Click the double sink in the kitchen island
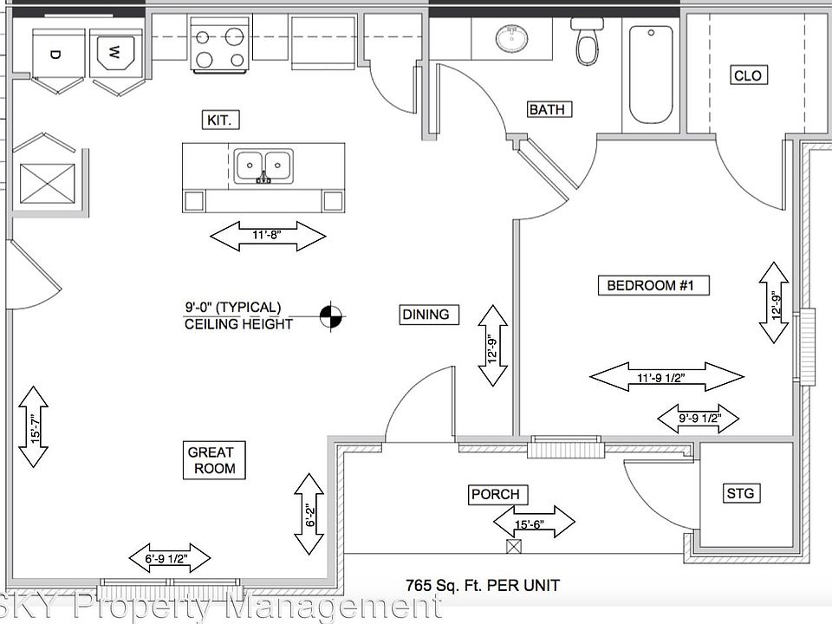[263, 165]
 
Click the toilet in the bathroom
[587, 42]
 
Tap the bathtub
[651, 74]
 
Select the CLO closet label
[747, 75]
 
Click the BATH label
[547, 109]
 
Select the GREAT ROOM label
[211, 459]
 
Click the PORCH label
[495, 495]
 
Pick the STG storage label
[740, 494]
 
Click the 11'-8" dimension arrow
[269, 236]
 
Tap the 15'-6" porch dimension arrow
[534, 522]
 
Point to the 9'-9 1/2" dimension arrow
[697, 420]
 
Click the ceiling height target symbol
[330, 318]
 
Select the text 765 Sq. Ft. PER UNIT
[483, 586]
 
